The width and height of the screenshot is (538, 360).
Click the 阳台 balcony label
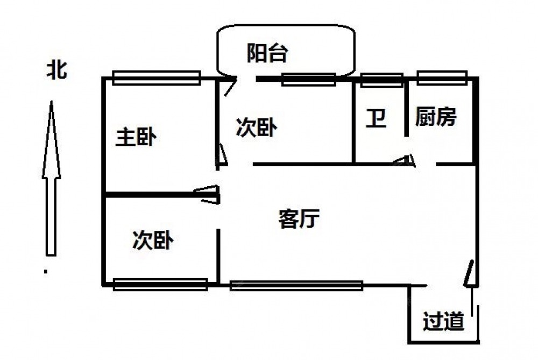click(x=267, y=53)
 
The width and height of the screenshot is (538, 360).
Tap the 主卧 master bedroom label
click(x=137, y=137)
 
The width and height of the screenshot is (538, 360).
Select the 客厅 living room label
click(x=299, y=219)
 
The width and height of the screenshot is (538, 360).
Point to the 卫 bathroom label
click(x=376, y=118)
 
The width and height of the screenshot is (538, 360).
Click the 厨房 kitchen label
click(x=436, y=117)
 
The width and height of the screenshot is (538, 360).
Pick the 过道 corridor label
click(x=443, y=322)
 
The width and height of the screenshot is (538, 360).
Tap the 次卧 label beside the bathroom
click(x=257, y=128)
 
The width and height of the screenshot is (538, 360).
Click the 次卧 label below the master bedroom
click(x=153, y=240)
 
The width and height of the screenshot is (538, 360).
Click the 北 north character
click(x=56, y=70)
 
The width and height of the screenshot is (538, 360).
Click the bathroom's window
click(x=381, y=79)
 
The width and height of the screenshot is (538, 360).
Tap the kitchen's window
click(x=442, y=77)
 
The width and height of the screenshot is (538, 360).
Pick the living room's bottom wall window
click(x=296, y=285)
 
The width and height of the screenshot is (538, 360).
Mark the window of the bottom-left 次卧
click(x=160, y=284)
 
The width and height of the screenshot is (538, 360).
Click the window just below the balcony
click(x=308, y=79)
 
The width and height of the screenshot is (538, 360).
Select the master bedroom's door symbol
click(x=208, y=194)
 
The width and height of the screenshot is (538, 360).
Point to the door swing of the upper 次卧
click(x=222, y=155)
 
